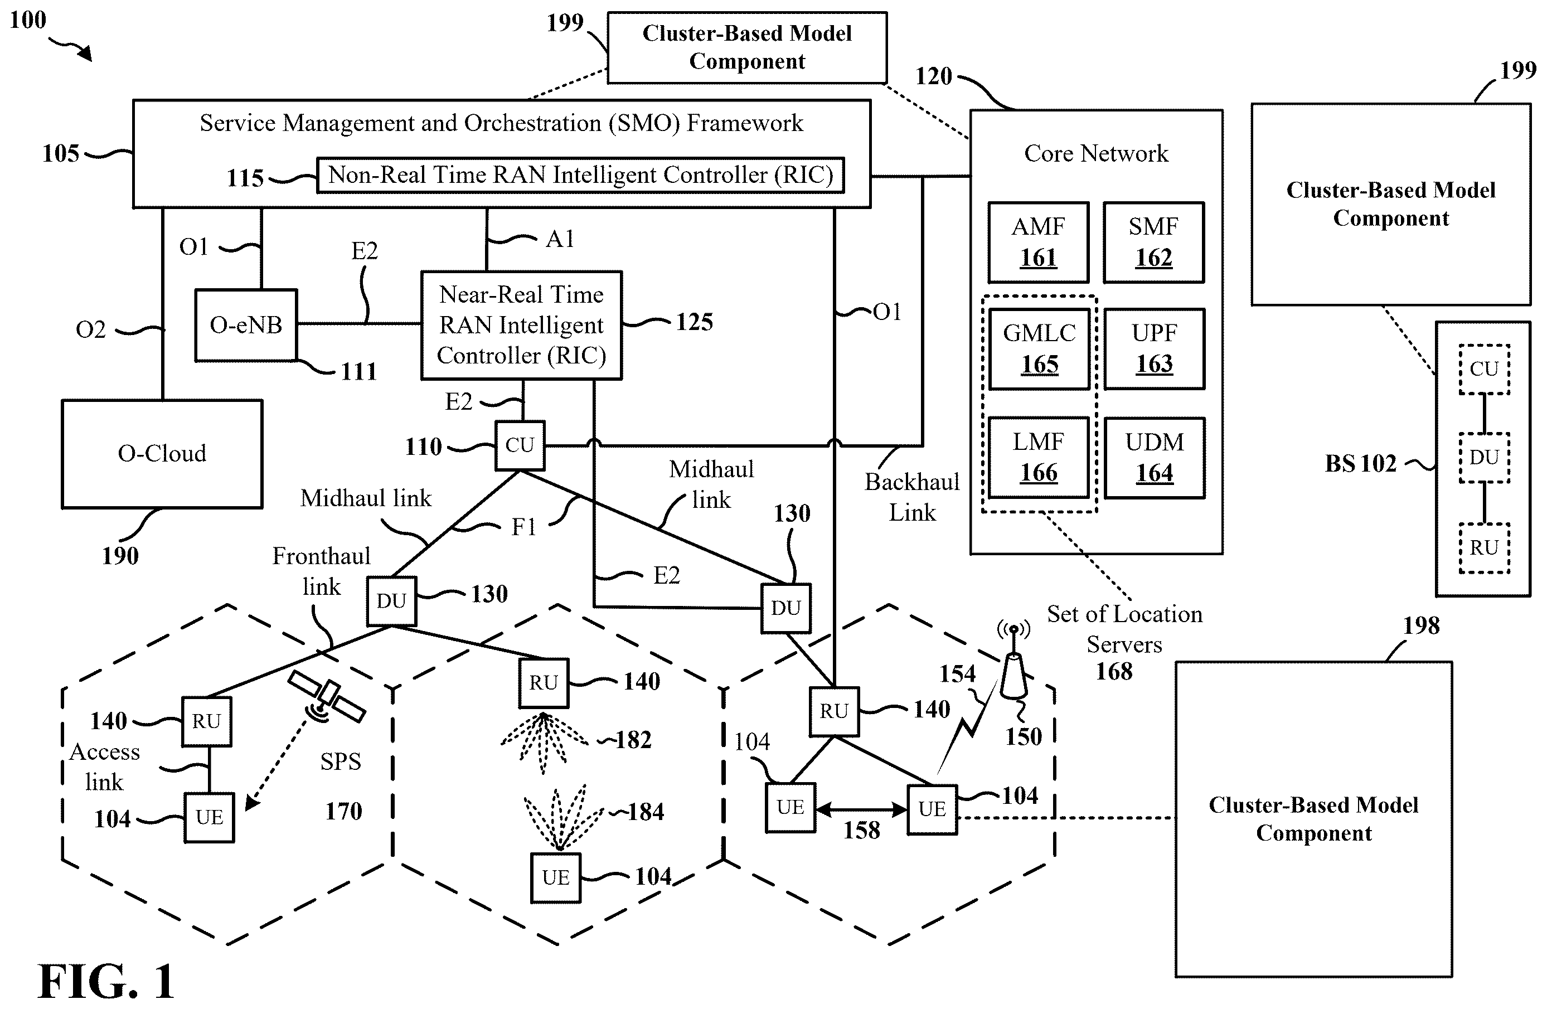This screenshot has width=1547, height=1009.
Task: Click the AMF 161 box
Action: click(x=1038, y=242)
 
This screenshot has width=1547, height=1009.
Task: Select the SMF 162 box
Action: click(x=1154, y=242)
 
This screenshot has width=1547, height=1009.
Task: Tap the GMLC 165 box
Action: click(x=1039, y=349)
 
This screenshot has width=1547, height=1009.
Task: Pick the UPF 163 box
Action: click(x=1155, y=349)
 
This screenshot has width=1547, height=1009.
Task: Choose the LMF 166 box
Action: click(x=1039, y=458)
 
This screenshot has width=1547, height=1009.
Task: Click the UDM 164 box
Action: click(x=1155, y=458)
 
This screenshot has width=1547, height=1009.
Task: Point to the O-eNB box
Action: click(x=246, y=325)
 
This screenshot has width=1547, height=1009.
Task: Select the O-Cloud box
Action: click(x=162, y=454)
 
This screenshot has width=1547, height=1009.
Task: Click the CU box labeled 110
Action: click(x=520, y=445)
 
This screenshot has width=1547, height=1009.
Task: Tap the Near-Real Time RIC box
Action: click(x=521, y=325)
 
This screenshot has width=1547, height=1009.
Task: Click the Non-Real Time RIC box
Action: click(x=580, y=175)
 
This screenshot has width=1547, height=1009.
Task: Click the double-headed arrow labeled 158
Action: click(x=861, y=809)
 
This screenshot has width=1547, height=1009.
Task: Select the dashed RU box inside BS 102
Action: click(x=1484, y=548)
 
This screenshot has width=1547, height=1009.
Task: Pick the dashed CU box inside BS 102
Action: click(x=1484, y=369)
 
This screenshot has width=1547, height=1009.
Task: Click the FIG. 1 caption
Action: click(x=106, y=981)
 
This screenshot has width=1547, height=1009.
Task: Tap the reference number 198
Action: click(x=1421, y=625)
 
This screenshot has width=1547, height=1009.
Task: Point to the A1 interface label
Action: click(x=560, y=239)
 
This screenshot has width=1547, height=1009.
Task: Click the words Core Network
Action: click(x=1096, y=153)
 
